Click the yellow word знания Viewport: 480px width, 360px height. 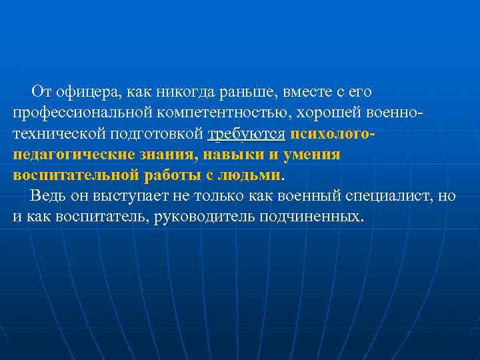[x=171, y=155]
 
